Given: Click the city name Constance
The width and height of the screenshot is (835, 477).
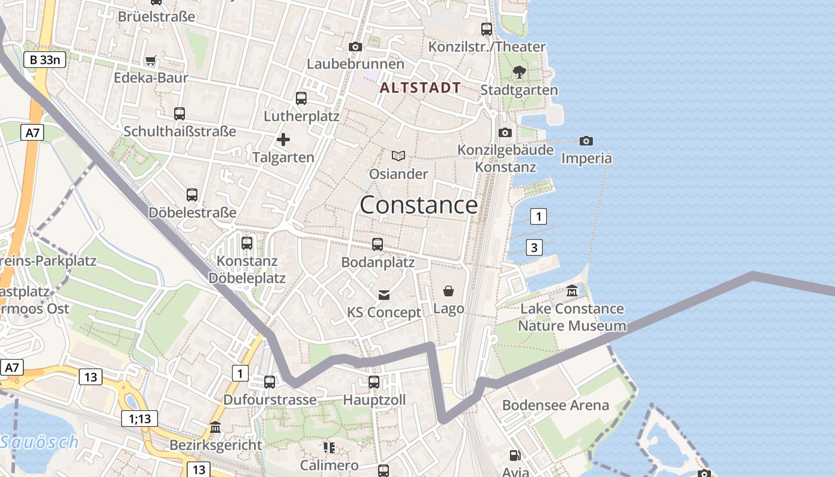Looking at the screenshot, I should click(419, 205).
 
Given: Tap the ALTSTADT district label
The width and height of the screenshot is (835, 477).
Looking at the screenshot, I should click(420, 88).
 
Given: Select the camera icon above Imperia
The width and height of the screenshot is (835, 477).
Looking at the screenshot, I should click(586, 141).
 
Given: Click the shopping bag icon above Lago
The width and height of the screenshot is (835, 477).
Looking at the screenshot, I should click(449, 291).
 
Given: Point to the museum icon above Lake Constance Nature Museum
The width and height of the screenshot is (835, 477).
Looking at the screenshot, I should click(572, 292).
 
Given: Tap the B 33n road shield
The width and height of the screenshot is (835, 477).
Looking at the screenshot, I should click(45, 60).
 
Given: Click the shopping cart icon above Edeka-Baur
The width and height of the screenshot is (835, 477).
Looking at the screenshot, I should click(150, 60).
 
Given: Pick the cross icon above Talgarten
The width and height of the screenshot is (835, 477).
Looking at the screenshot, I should click(283, 140).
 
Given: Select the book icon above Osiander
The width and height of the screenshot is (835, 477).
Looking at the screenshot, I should click(398, 156).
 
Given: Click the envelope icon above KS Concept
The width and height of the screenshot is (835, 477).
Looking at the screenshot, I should click(384, 295).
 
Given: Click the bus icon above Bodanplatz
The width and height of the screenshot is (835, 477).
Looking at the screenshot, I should click(378, 244).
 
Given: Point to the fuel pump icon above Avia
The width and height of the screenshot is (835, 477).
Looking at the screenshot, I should click(515, 456).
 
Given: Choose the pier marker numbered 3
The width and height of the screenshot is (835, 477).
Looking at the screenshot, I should click(534, 247).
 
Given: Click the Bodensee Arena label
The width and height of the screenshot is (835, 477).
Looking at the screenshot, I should click(555, 405).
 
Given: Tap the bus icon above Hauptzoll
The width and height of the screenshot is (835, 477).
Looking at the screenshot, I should click(374, 382).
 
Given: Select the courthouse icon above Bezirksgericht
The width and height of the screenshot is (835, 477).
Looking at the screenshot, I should click(215, 428).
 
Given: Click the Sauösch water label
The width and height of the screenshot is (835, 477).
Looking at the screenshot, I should click(39, 442).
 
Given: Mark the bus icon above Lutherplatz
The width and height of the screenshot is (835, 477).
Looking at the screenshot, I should click(301, 98).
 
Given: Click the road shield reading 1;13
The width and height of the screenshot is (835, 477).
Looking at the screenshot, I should click(140, 419).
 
